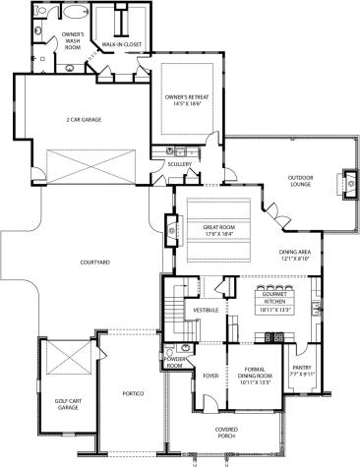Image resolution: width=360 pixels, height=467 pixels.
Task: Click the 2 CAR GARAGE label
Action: coord(84,120)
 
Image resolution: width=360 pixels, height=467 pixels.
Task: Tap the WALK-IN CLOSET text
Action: coord(124,43)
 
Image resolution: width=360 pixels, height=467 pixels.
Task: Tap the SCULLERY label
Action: coord(179,164)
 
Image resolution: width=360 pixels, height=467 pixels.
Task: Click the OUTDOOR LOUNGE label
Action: coord(300,181)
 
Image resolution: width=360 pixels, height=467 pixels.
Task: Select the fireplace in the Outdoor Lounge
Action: coord(347,181)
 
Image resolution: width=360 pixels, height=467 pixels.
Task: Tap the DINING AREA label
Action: coord(296,253)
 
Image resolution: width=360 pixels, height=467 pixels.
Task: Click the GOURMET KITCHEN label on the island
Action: coord(276,299)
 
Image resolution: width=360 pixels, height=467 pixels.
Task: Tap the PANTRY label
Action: coord(301,369)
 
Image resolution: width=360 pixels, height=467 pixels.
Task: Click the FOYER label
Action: coord(210,376)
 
